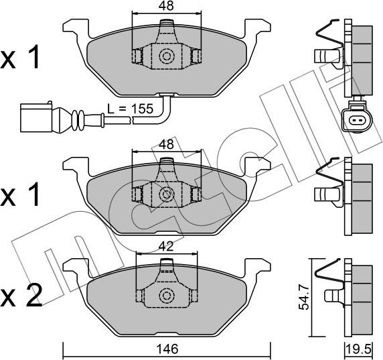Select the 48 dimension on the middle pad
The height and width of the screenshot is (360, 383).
coord(166,144)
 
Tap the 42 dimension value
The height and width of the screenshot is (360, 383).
coord(166,246)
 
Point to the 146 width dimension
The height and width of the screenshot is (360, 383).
coord(166,349)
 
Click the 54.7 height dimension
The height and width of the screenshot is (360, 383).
coord(303,296)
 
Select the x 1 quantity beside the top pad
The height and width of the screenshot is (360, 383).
coord(22,58)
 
